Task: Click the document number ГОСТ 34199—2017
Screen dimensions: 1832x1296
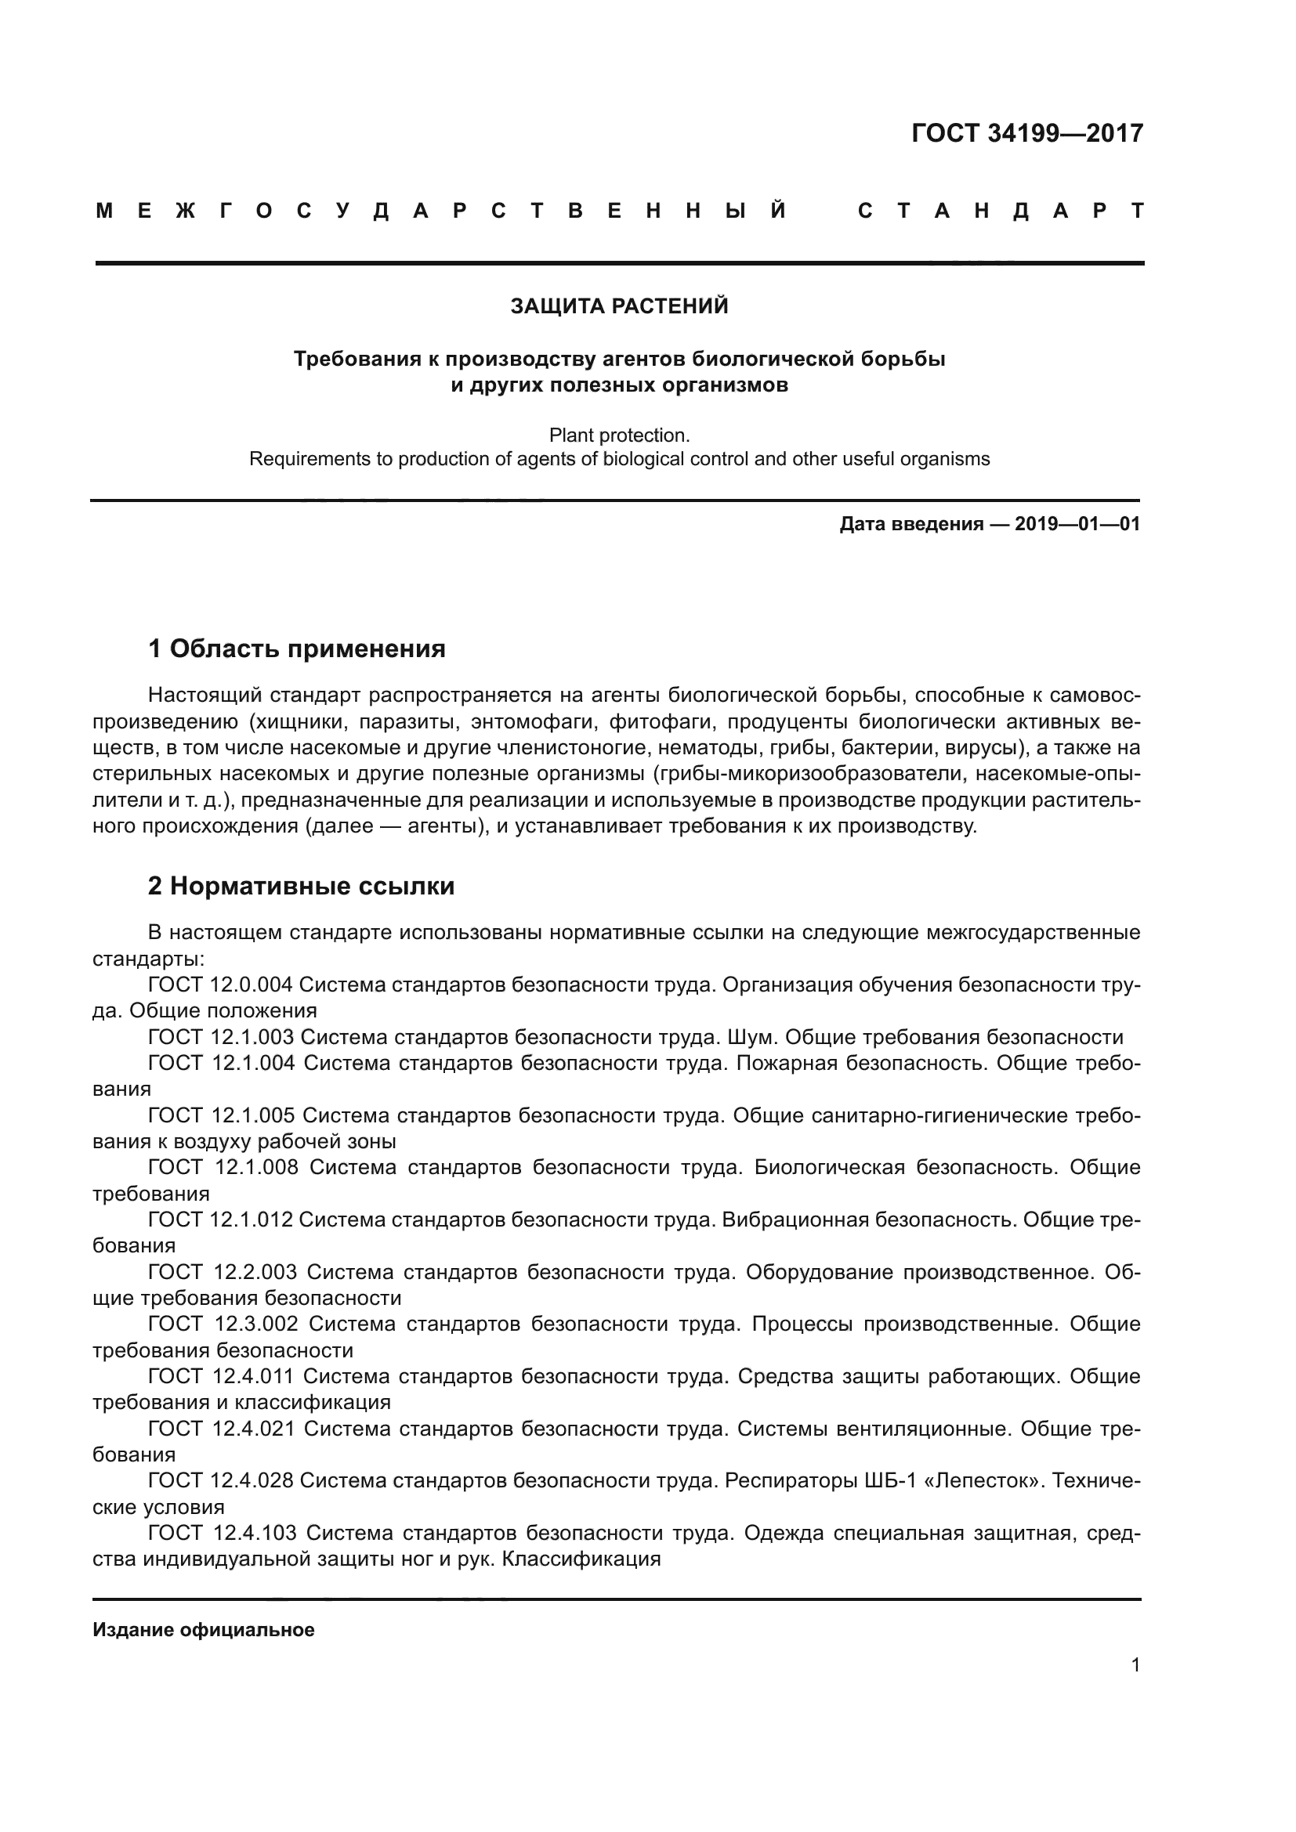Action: coord(1027,133)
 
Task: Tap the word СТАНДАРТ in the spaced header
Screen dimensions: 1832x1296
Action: coord(1001,211)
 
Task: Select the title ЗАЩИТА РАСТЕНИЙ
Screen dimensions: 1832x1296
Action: coord(619,306)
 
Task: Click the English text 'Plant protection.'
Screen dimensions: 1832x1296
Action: coord(619,435)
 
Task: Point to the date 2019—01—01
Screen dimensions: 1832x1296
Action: coord(1077,524)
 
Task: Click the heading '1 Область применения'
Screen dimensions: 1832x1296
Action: coord(297,649)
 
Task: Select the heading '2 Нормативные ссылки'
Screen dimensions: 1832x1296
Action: coord(301,887)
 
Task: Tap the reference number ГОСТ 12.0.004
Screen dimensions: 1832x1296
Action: coord(221,985)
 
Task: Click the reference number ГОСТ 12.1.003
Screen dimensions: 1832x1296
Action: coord(222,1037)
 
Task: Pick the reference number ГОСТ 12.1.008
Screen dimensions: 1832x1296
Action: coord(223,1167)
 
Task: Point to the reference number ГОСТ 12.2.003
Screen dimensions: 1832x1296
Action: coord(223,1272)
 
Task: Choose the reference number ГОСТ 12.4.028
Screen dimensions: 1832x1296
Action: coord(222,1481)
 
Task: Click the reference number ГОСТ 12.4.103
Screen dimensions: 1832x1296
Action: coord(223,1533)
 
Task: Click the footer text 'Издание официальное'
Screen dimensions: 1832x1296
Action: coord(204,1630)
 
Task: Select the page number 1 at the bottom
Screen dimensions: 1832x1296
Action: coord(1135,1665)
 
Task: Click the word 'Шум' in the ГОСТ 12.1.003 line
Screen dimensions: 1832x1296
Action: coord(752,1037)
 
